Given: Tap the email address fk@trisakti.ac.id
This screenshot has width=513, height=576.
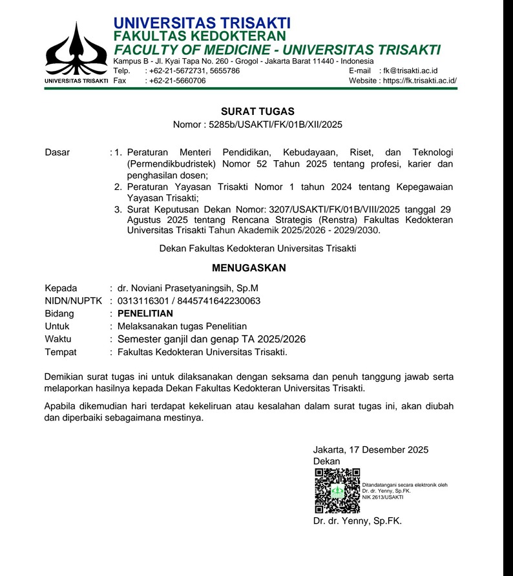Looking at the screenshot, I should click(x=411, y=70).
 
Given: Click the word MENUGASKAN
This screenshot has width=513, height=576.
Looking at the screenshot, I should click(x=249, y=268).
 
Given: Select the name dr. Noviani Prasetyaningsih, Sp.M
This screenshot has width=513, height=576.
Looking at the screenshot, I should click(x=188, y=288).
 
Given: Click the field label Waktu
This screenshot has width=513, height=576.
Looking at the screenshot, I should click(x=58, y=339).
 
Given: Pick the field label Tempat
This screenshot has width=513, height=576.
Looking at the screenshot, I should click(x=61, y=352).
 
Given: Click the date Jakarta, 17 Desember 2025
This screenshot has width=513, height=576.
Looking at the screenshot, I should click(x=370, y=450).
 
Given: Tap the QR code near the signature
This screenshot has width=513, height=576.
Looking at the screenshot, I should click(x=337, y=491).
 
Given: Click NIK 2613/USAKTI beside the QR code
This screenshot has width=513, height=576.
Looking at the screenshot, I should click(x=383, y=497).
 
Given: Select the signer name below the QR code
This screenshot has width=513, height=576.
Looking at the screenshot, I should click(x=357, y=520).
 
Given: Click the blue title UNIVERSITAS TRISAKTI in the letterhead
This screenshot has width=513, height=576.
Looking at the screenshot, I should click(x=202, y=24).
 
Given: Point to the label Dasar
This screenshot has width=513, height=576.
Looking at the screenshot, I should click(x=58, y=153).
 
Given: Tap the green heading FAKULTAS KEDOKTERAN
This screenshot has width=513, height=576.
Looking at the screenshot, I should click(x=200, y=37).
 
